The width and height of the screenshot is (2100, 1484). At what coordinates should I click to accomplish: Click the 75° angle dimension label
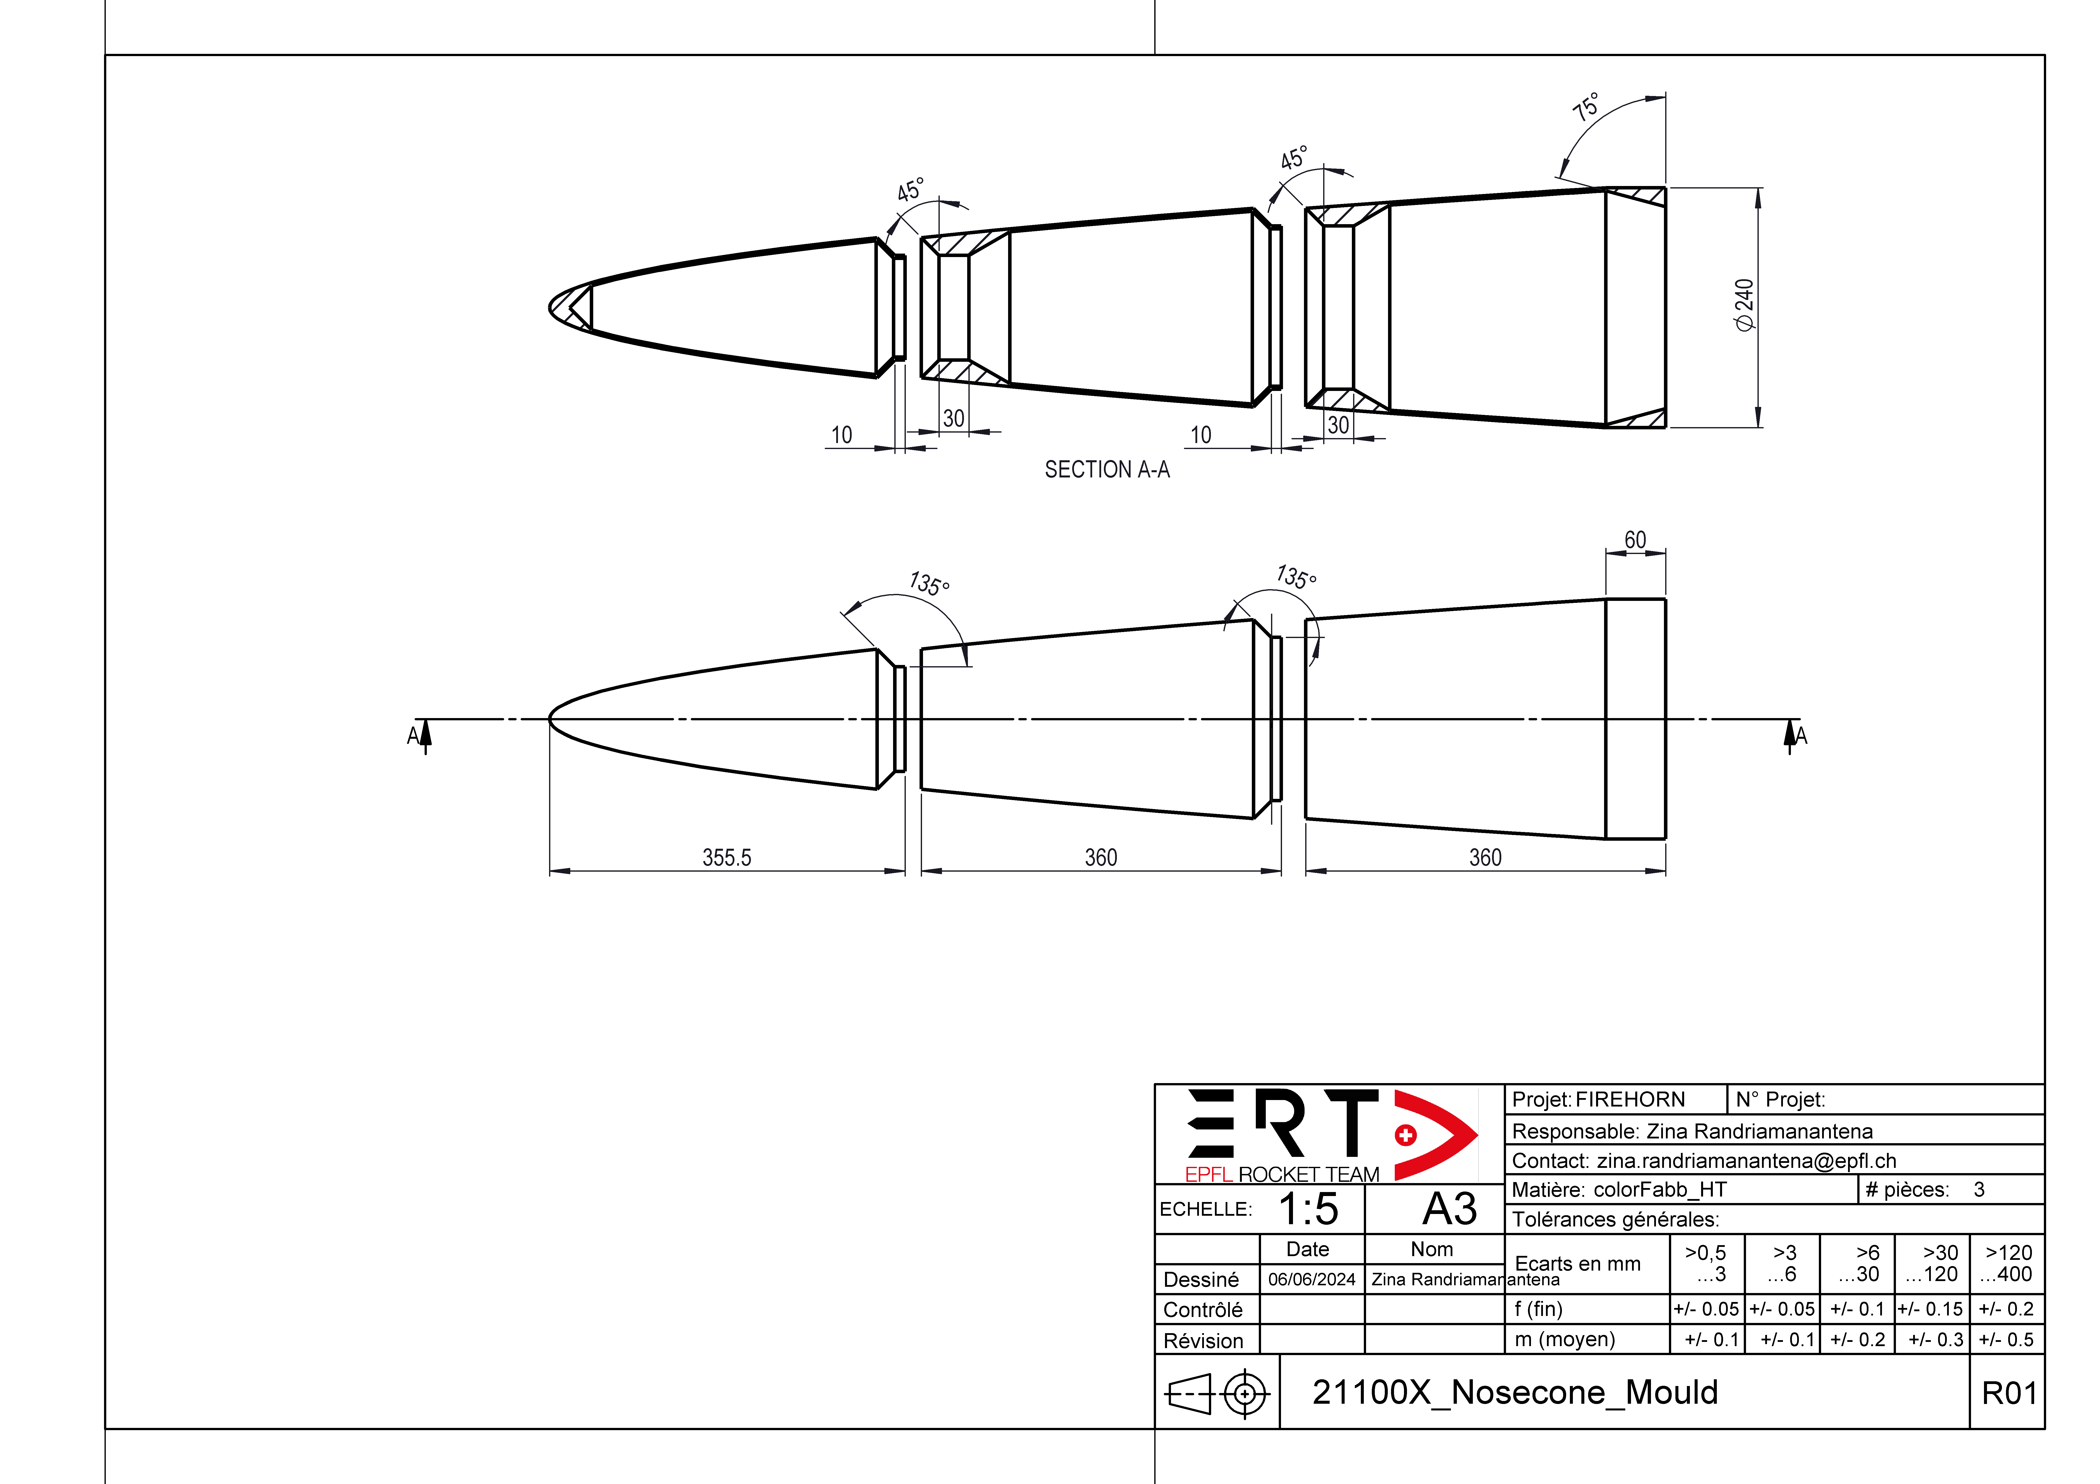click(x=1586, y=107)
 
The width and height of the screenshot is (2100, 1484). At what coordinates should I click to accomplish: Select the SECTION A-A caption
click(x=1107, y=470)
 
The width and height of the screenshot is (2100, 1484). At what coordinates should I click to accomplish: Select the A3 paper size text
click(x=1450, y=1209)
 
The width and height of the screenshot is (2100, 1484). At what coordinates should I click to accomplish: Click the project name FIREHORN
click(x=1630, y=1099)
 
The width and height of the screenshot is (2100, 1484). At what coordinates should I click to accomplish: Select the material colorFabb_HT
click(x=1660, y=1190)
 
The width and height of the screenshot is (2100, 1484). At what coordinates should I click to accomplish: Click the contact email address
click(x=1746, y=1160)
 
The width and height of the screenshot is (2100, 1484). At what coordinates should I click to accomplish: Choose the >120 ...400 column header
click(x=2008, y=1263)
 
